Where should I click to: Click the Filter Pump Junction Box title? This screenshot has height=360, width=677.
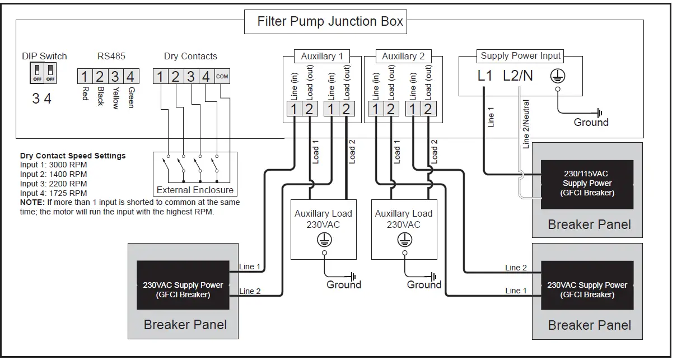click(330, 22)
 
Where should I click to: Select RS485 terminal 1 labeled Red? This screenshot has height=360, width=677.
click(84, 76)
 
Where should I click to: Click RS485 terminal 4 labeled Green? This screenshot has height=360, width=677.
click(130, 76)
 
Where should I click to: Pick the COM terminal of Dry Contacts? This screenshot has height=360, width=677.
click(222, 76)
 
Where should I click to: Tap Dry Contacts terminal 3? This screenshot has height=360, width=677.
click(190, 76)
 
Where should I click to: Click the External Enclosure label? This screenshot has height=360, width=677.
click(195, 190)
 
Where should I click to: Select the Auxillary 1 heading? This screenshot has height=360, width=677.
click(322, 56)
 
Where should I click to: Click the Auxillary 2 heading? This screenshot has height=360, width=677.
click(403, 56)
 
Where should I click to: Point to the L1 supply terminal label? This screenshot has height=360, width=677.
click(485, 76)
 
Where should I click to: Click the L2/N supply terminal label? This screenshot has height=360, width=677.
click(518, 76)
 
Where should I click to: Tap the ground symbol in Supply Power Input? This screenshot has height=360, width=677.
click(557, 76)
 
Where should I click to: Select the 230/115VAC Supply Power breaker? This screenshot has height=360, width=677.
click(587, 184)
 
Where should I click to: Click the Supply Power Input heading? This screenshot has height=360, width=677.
click(521, 55)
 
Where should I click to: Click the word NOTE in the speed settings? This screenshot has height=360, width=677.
click(31, 202)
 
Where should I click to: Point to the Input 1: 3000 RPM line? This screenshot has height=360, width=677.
click(53, 165)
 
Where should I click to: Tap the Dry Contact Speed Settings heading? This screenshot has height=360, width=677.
click(73, 156)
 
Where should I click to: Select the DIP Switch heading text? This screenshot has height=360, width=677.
click(44, 56)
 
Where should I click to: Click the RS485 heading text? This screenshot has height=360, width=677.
click(111, 56)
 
